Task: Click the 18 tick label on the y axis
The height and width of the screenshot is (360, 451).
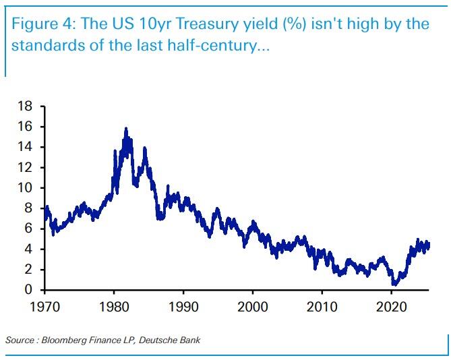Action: (26, 107)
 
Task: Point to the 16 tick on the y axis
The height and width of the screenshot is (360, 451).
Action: (26, 127)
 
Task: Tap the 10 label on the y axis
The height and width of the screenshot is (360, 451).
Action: (26, 188)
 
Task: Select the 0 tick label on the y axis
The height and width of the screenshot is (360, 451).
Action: (30, 290)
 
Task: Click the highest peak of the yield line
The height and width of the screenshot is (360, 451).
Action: (125, 128)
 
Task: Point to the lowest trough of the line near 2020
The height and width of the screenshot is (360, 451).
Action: (394, 284)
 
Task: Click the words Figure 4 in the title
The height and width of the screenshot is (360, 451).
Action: (42, 25)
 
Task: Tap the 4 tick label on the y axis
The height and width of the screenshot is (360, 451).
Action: (30, 249)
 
